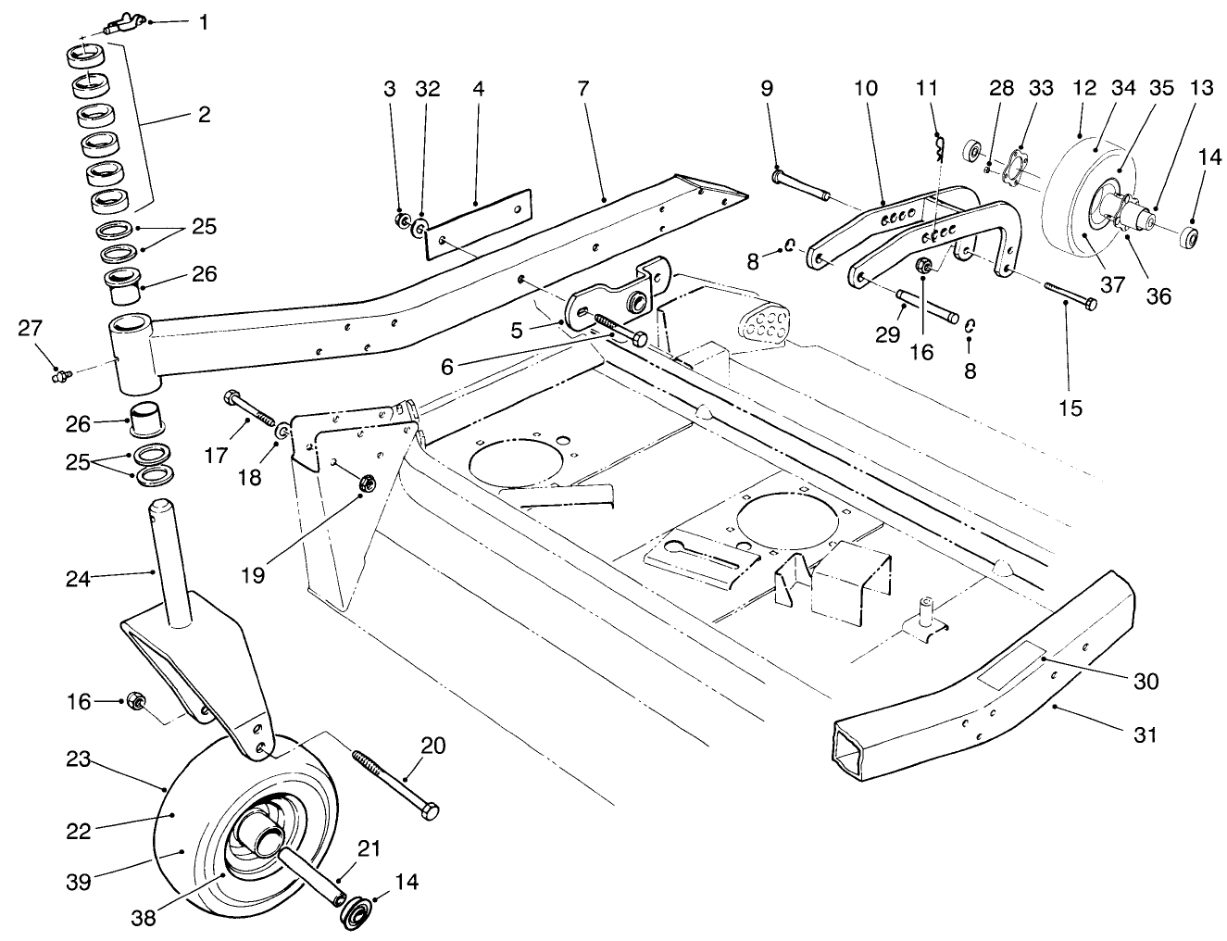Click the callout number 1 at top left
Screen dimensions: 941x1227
pos(203,20)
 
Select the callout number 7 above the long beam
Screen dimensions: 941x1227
pos(582,89)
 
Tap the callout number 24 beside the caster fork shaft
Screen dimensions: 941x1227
pos(79,579)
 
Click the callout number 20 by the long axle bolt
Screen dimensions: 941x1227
pos(432,746)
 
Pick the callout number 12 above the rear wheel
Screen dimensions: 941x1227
pos(1083,89)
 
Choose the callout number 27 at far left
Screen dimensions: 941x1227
pos(30,327)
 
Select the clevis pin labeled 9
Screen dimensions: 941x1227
pos(802,184)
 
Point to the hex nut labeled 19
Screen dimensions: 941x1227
pos(365,483)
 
